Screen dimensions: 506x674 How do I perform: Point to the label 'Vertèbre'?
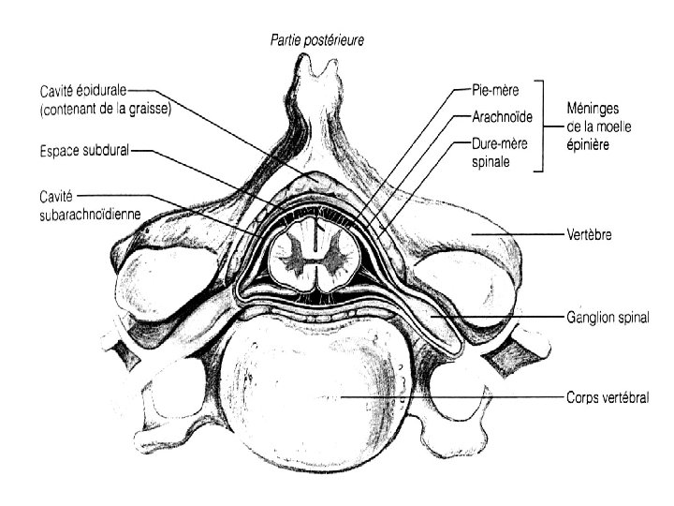[x=590, y=235]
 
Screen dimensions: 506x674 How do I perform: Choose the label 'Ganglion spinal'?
[x=608, y=319]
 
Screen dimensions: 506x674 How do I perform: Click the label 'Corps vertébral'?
[x=608, y=398]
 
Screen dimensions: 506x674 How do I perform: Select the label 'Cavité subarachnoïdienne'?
[x=85, y=204]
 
